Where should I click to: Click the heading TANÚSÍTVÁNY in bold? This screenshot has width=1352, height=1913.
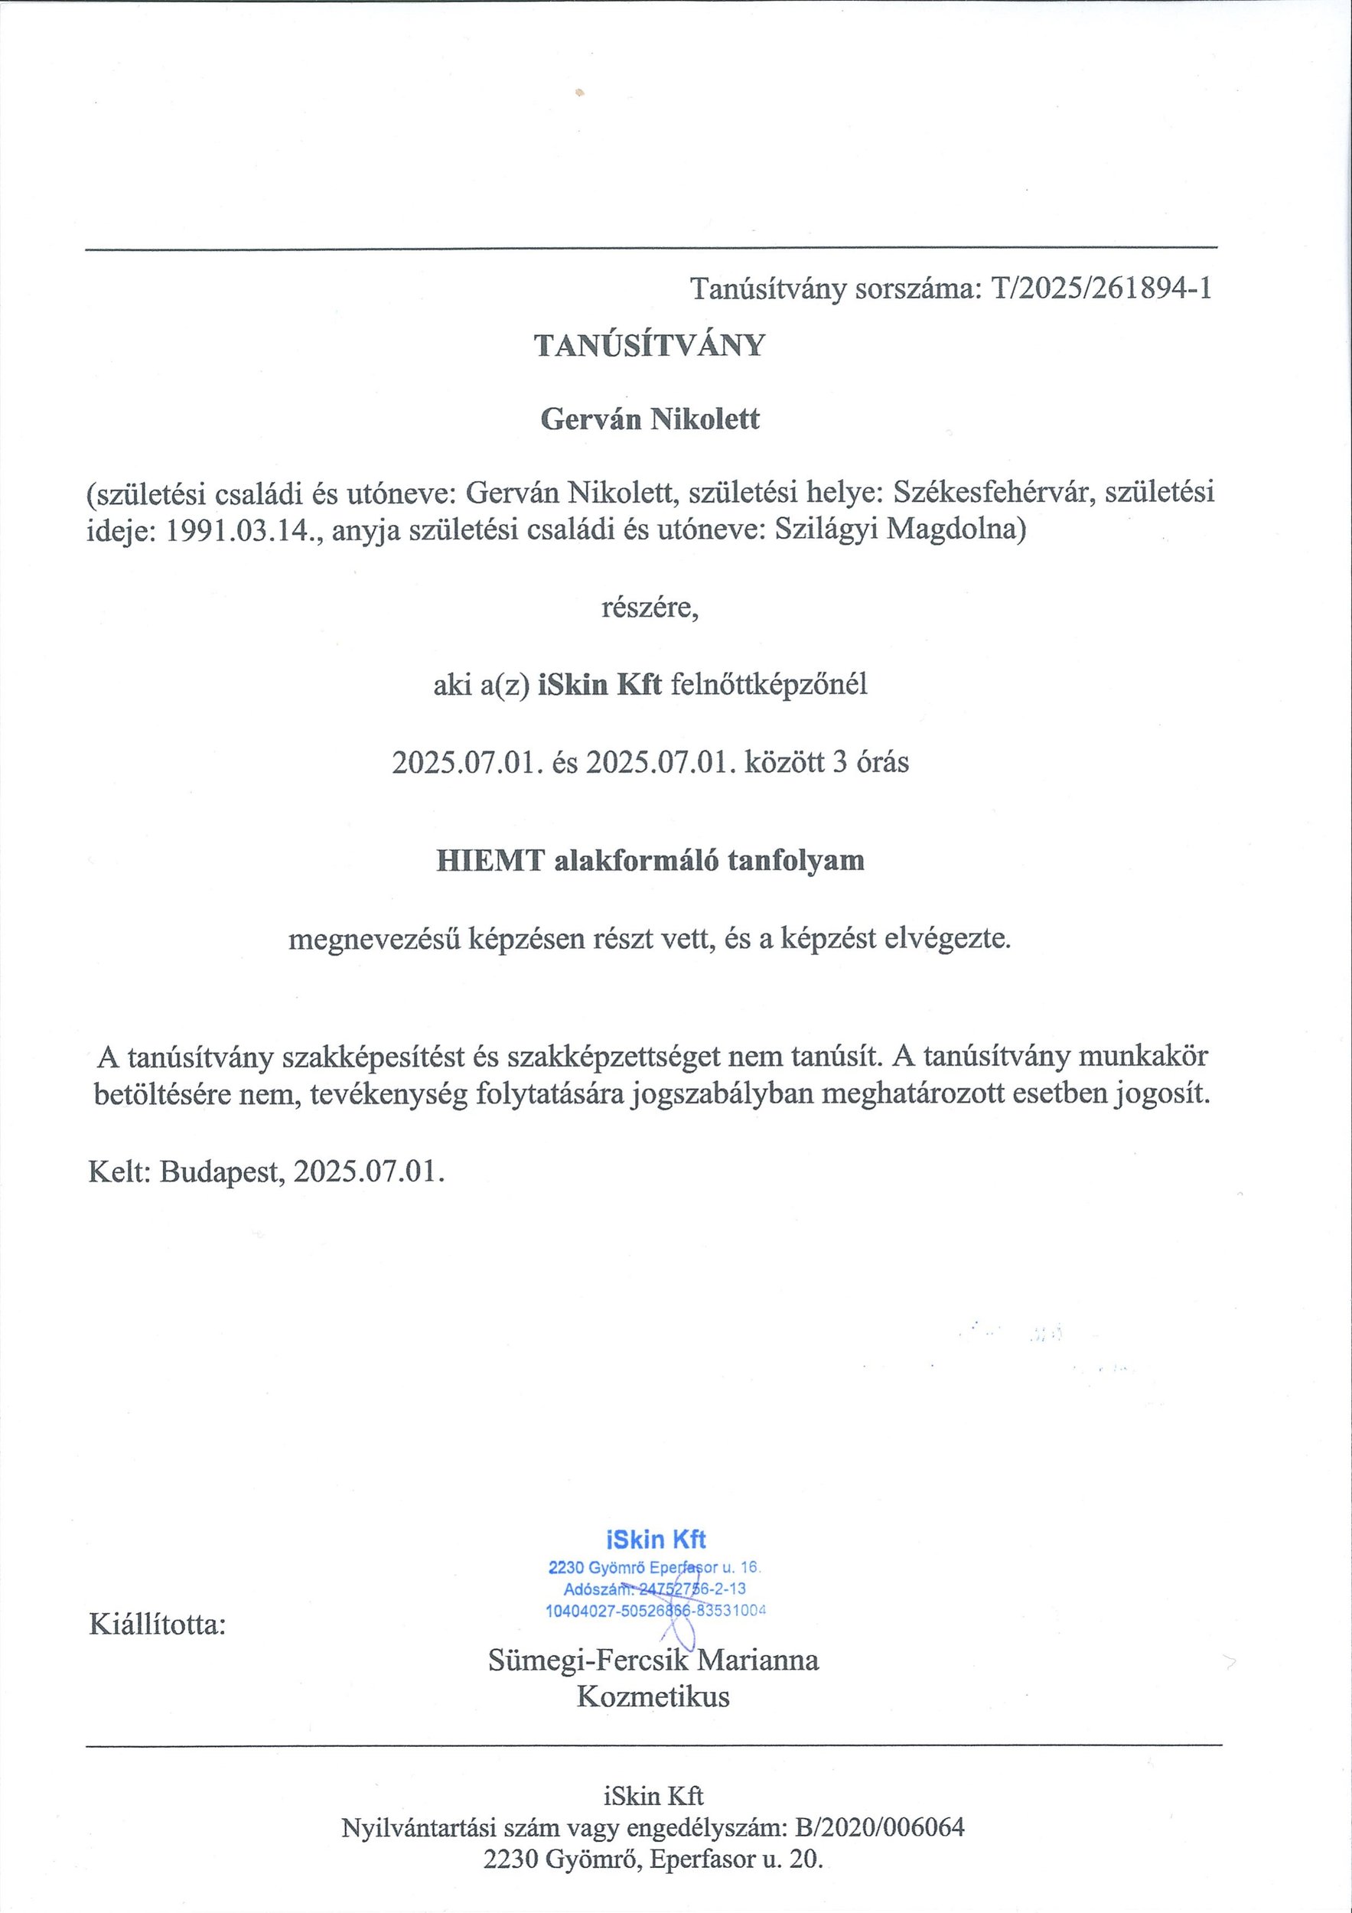[649, 346]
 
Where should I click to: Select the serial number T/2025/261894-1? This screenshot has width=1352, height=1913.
[1100, 288]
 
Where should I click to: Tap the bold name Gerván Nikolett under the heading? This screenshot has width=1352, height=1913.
[650, 419]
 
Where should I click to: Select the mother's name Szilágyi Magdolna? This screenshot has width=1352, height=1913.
[900, 530]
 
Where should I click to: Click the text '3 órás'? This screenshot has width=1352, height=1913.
[871, 761]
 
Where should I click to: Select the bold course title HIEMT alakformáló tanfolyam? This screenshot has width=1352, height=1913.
[650, 860]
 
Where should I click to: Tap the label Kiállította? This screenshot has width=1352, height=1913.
[158, 1625]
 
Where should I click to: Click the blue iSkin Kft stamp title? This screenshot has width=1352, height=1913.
[656, 1539]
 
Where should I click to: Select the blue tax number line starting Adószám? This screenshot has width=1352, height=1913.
[655, 1589]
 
